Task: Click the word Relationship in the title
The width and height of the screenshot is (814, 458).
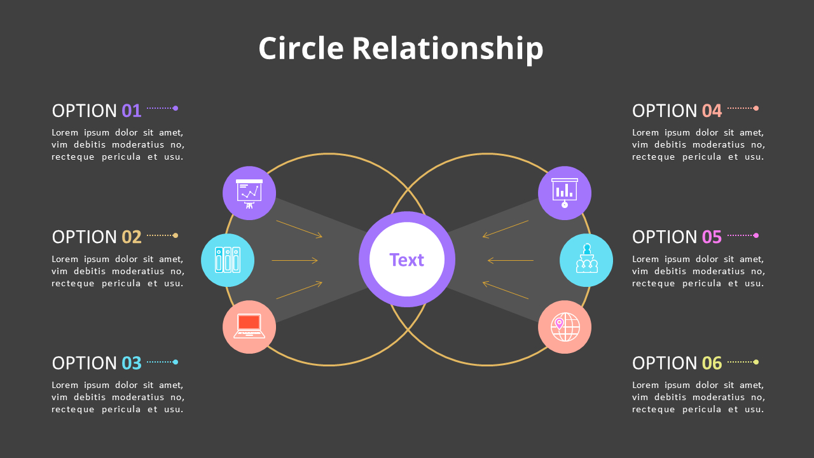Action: pyautogui.click(x=447, y=49)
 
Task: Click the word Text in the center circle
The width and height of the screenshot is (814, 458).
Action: pyautogui.click(x=407, y=260)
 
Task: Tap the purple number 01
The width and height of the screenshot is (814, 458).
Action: pyautogui.click(x=132, y=111)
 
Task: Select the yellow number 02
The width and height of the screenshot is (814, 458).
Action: pyautogui.click(x=132, y=237)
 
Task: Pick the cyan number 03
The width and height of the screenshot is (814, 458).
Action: pyautogui.click(x=132, y=363)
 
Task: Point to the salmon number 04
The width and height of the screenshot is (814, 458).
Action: pyautogui.click(x=712, y=111)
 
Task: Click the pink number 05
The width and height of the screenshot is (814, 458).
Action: pyautogui.click(x=712, y=237)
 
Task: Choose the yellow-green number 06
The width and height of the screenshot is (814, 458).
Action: pyautogui.click(x=712, y=363)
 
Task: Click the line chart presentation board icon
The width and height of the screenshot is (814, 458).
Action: pyautogui.click(x=249, y=193)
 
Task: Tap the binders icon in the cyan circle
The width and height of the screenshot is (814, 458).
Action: pyautogui.click(x=228, y=260)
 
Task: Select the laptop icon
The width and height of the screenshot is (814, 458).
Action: pyautogui.click(x=249, y=326)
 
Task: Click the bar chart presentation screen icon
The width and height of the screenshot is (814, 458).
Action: pyautogui.click(x=565, y=193)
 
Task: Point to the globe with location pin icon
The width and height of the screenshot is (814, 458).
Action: pyautogui.click(x=565, y=326)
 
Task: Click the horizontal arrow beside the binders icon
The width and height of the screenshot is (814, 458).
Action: pyautogui.click(x=294, y=260)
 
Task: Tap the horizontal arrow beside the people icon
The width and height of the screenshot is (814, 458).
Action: pyautogui.click(x=511, y=260)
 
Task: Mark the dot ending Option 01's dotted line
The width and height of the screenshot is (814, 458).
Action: pyautogui.click(x=176, y=108)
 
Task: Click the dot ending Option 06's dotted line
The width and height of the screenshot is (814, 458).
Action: pyautogui.click(x=756, y=362)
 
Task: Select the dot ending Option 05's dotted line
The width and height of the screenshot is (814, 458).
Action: pyautogui.click(x=756, y=235)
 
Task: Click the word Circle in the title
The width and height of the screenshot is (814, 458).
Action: pyautogui.click(x=301, y=49)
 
